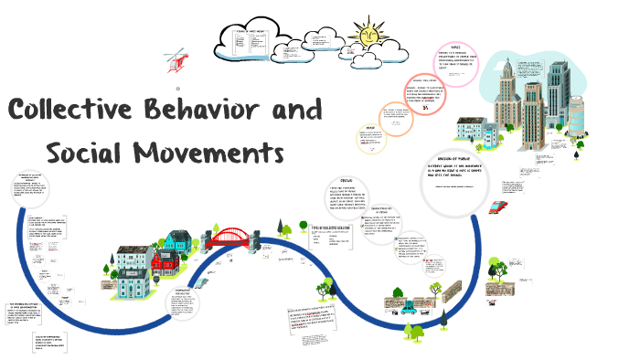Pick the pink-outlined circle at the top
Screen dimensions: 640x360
point(454,63)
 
